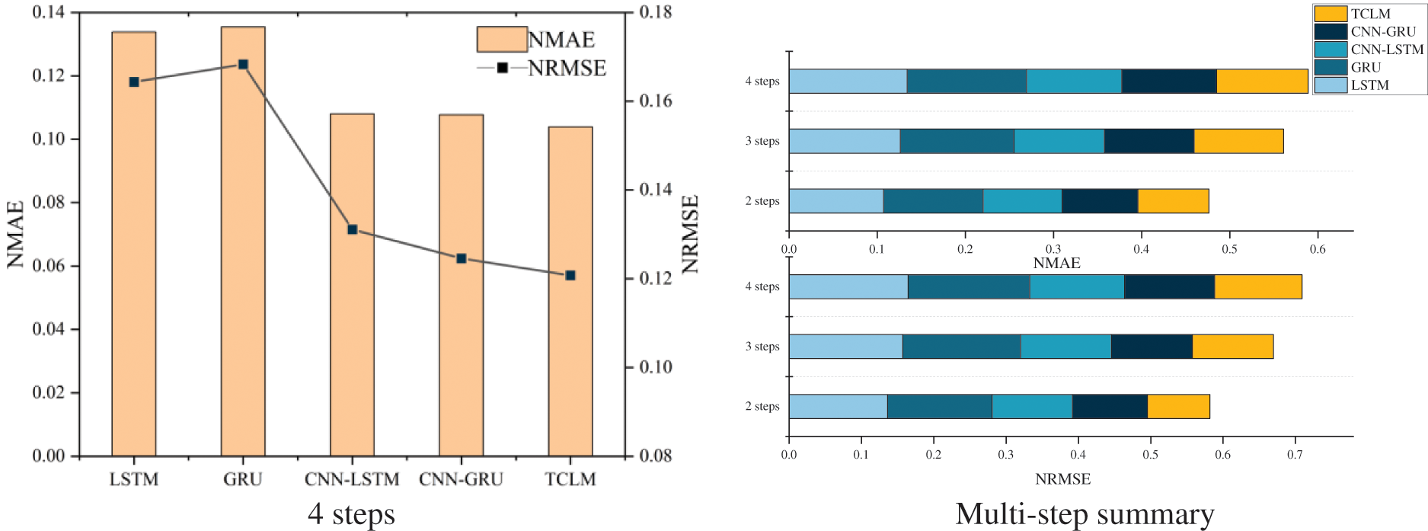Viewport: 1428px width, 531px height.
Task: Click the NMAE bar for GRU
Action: (243, 244)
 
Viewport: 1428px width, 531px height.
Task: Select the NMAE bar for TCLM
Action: (570, 293)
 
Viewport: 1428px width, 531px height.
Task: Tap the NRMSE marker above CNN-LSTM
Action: (352, 229)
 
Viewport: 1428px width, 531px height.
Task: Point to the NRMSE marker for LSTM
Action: (134, 82)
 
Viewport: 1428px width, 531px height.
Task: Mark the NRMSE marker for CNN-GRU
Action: (461, 258)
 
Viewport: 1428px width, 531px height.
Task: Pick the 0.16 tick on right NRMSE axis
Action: (655, 101)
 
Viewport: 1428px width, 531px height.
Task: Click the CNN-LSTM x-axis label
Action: (352, 479)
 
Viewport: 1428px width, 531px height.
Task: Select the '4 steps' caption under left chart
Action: (351, 514)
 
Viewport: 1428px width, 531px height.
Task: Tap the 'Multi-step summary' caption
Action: (1085, 514)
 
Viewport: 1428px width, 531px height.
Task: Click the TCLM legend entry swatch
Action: (1330, 14)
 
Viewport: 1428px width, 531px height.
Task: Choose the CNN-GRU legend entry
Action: (1382, 31)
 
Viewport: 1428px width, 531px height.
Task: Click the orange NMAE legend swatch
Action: (502, 39)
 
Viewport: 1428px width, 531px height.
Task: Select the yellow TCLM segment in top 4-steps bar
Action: (1261, 82)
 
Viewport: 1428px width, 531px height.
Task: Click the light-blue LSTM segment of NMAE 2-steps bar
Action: (835, 200)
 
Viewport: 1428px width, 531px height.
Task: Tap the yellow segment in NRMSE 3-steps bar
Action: (1232, 346)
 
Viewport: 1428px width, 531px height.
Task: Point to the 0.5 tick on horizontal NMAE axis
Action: (1229, 249)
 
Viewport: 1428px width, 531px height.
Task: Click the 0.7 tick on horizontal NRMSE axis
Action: (1295, 455)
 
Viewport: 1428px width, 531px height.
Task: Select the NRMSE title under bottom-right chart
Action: (1062, 479)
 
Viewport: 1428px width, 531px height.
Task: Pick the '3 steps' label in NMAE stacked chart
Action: (762, 141)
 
